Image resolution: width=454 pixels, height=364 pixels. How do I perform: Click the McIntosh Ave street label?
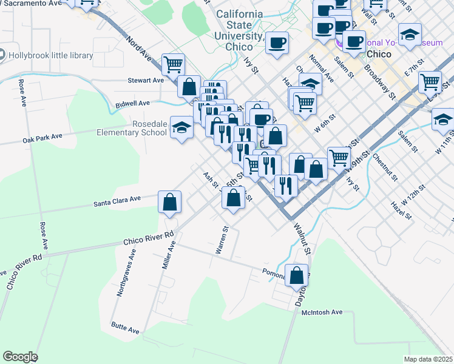322,312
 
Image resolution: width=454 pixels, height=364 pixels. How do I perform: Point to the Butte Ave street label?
125,328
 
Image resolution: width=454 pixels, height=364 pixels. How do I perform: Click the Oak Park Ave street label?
42,138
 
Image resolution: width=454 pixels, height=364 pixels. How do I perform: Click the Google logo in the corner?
20,357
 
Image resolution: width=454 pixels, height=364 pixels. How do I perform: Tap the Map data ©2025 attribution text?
428,359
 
